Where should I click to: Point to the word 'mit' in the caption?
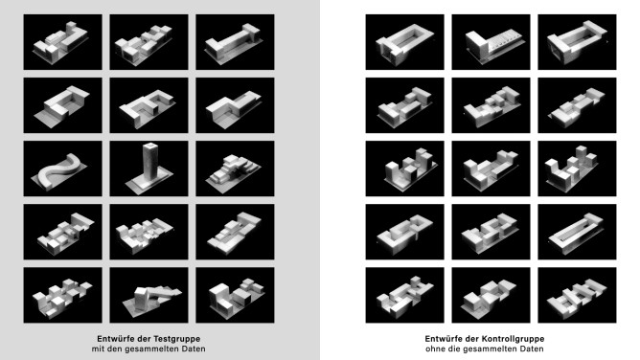[97, 349]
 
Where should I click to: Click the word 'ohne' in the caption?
[434, 349]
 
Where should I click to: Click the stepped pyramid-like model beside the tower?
[234, 169]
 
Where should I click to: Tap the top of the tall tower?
[150, 146]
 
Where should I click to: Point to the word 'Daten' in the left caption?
[194, 349]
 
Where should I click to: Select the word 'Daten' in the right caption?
[532, 349]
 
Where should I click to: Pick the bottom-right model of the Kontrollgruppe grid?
[577, 295]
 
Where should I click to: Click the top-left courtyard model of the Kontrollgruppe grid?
[404, 42]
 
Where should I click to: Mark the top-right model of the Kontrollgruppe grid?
[577, 42]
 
